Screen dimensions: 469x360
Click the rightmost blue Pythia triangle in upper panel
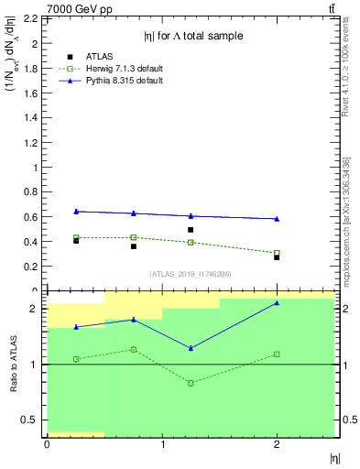[x=277, y=219]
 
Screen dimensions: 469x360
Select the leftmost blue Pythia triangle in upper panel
[x=76, y=212]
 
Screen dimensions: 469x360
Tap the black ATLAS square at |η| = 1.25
[x=191, y=230]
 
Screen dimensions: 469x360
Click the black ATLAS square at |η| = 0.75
[x=134, y=246]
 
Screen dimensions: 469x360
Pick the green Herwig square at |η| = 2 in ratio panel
[x=277, y=354]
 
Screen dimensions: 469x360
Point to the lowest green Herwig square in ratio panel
[x=191, y=383]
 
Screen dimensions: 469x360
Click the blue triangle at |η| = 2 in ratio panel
[x=277, y=303]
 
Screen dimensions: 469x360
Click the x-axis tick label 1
[x=162, y=444]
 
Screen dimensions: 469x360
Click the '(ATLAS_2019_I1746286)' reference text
[x=191, y=274]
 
